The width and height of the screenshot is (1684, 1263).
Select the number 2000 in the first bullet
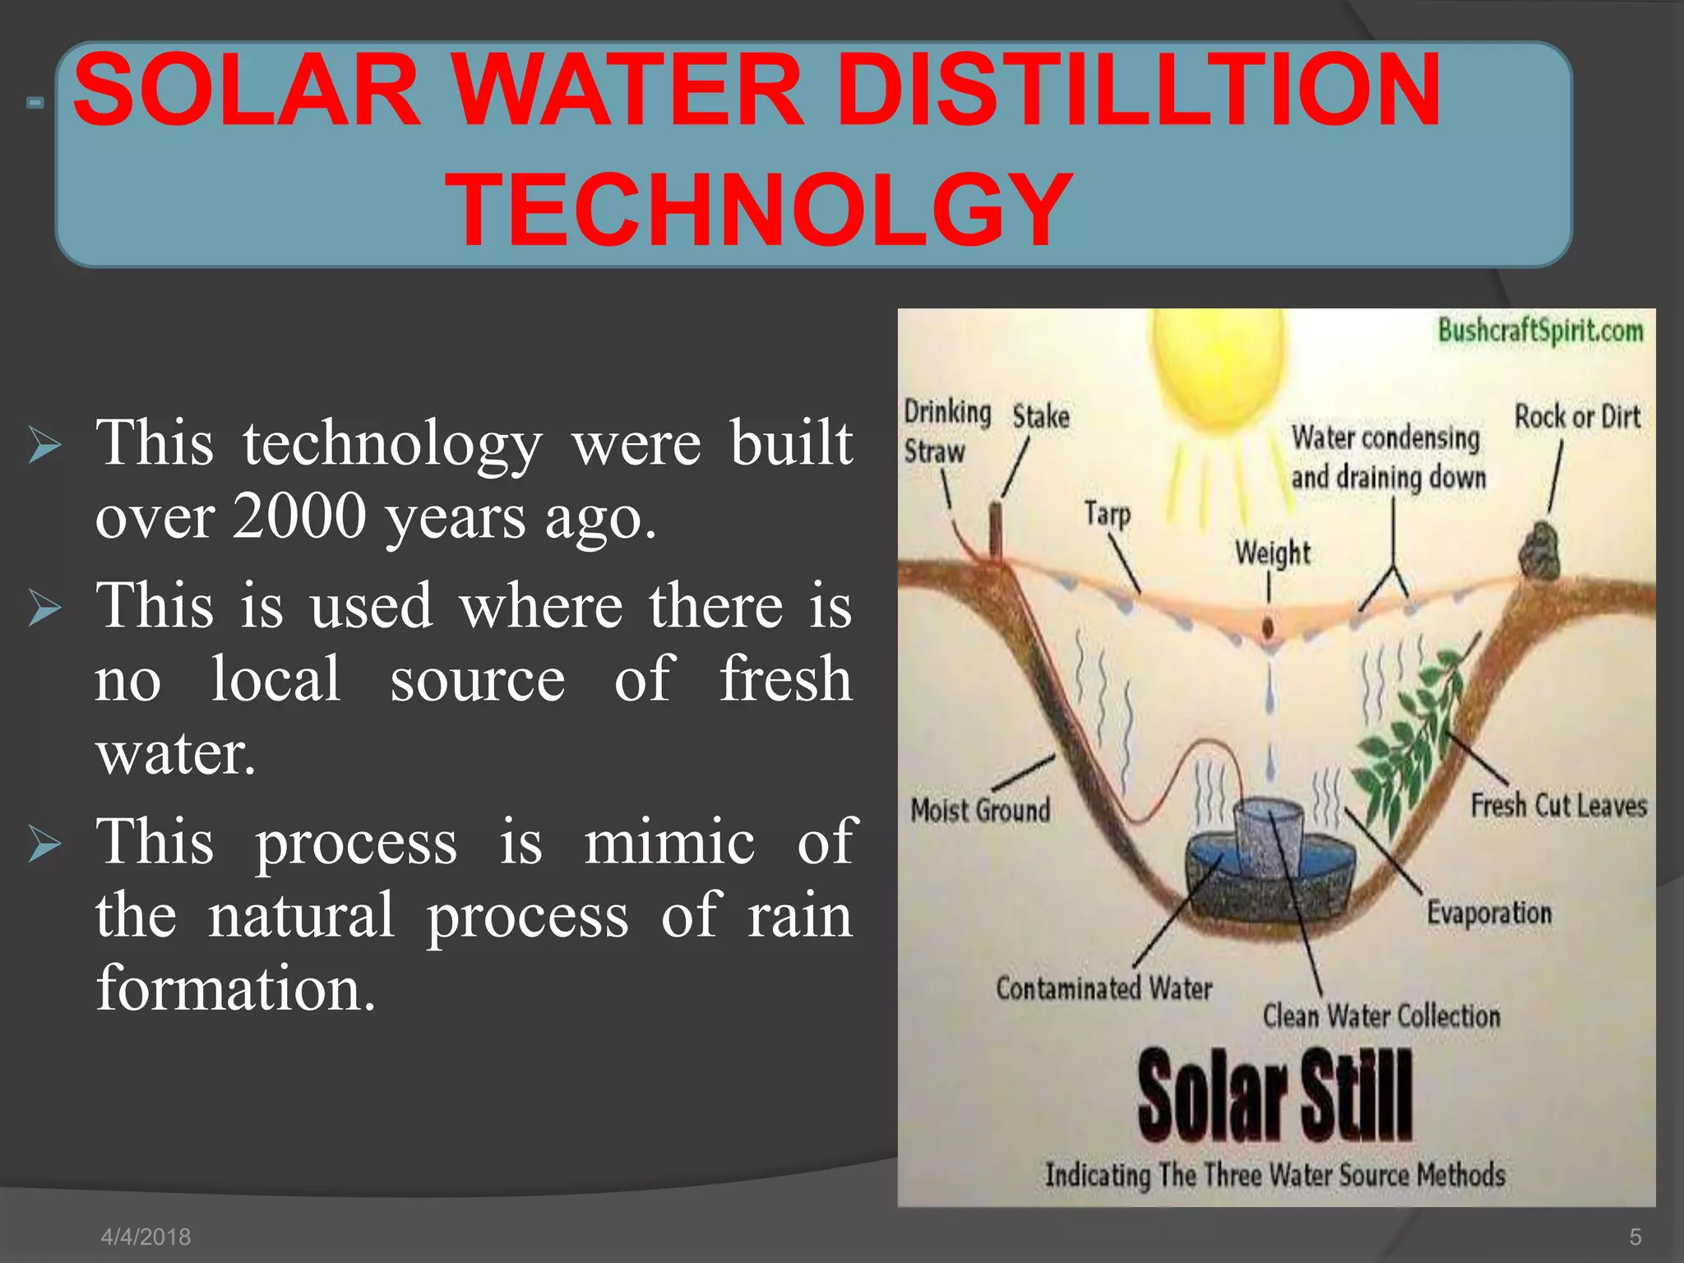click(x=299, y=516)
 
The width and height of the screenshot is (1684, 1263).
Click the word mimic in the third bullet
click(x=669, y=842)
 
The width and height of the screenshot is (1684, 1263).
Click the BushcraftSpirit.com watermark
click(x=1540, y=331)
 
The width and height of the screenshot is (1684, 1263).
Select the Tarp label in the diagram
click(x=1107, y=514)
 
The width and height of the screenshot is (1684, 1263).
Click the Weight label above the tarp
click(x=1272, y=552)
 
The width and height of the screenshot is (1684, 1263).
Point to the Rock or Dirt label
click(x=1577, y=417)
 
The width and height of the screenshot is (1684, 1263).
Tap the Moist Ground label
click(x=980, y=811)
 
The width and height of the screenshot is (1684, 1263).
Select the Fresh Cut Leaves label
click(x=1558, y=805)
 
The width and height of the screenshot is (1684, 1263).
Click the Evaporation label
click(x=1489, y=913)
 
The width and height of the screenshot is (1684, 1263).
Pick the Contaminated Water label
click(x=1103, y=988)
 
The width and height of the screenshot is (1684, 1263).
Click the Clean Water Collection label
click(x=1381, y=1016)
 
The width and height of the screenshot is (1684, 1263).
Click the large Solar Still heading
click(x=1275, y=1096)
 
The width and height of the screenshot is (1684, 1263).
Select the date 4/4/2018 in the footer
click(x=146, y=1237)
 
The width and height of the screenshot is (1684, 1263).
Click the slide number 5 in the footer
click(x=1635, y=1237)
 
